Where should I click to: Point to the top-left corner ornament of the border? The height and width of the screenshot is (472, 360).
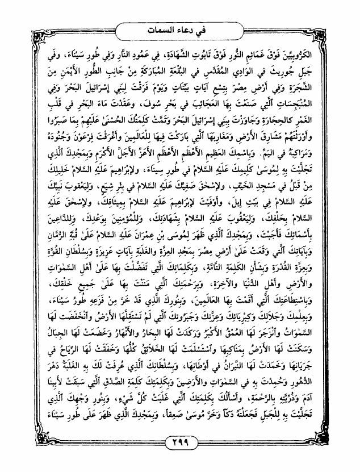click(x=13, y=12)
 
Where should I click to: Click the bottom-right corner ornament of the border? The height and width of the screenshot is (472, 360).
click(x=347, y=459)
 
